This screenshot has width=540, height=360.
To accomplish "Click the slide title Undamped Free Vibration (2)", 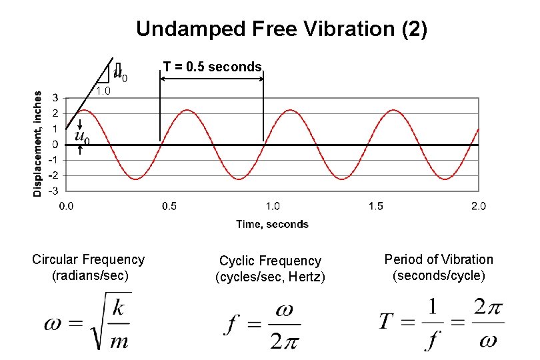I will coord(281,29).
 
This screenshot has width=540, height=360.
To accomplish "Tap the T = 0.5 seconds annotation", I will coord(213,67).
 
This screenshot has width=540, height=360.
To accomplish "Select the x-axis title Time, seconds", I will coord(272,224).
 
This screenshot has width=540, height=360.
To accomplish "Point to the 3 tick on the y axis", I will coord(55,98).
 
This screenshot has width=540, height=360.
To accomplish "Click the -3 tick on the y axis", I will coord(53,191).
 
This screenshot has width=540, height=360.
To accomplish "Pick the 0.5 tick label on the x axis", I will coord(169,206).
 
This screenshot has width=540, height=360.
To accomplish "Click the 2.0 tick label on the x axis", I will coord(478,206).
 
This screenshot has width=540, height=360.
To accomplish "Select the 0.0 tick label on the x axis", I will coord(67,206).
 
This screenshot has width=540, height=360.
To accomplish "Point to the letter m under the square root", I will coord(118,341).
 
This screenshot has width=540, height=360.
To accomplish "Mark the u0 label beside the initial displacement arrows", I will coord(83,137).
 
